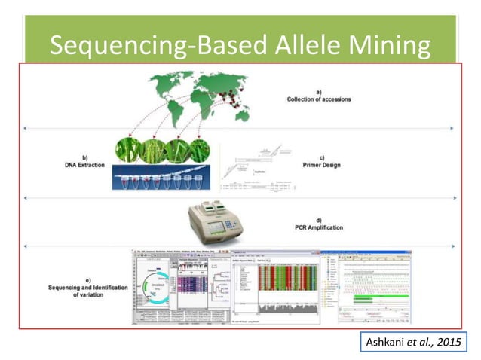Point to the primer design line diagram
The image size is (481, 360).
click(256, 169)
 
